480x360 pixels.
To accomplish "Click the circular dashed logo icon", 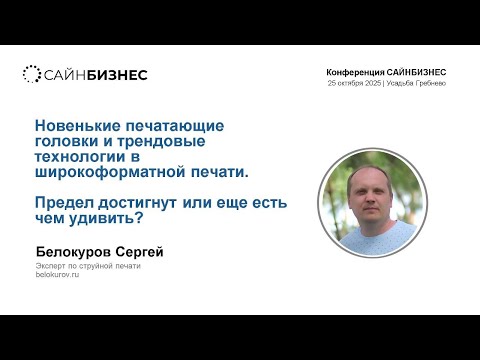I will (x=31, y=74).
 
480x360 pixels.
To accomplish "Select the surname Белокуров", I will (x=76, y=252).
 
